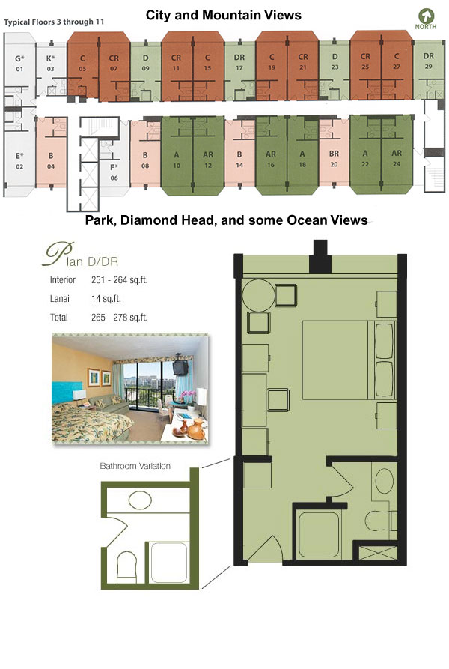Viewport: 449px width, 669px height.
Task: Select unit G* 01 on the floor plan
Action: (19, 63)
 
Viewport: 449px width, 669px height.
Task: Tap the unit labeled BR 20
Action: (334, 158)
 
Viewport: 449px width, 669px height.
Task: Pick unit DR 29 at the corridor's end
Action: (429, 61)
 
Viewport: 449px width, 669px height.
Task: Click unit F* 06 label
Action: (114, 172)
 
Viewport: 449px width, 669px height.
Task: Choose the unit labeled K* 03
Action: (51, 63)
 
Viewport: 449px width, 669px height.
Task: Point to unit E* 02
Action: (19, 160)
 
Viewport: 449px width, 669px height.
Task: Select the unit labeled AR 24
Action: (397, 158)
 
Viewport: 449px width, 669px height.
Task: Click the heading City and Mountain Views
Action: (224, 16)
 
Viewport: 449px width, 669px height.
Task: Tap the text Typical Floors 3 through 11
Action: (54, 22)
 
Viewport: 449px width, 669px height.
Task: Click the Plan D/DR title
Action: (81, 255)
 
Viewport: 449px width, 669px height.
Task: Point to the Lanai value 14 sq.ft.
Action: (106, 299)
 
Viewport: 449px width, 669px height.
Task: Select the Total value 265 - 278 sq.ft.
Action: (119, 318)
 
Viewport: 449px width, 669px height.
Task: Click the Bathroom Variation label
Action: (135, 466)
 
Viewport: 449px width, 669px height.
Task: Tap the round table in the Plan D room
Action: (259, 295)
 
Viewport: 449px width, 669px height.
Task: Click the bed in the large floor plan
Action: (349, 360)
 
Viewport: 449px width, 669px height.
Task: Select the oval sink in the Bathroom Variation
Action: (140, 500)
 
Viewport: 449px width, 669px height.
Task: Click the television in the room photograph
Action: (180, 367)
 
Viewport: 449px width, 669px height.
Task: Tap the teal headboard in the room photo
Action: (67, 393)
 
